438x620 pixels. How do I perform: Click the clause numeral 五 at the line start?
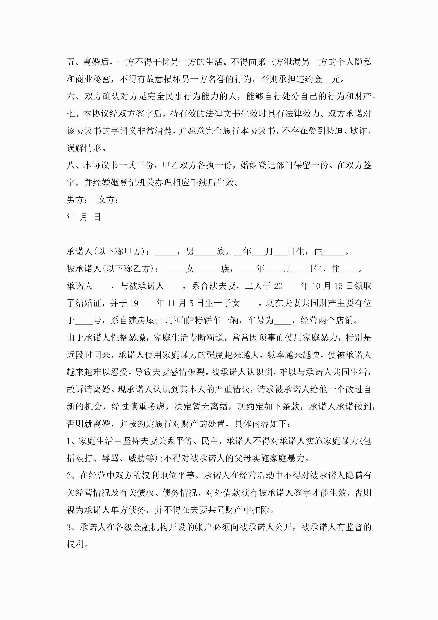point(71,62)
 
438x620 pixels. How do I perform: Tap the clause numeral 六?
point(71,96)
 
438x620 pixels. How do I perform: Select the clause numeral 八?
point(71,165)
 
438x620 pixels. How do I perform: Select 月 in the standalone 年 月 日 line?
point(84,217)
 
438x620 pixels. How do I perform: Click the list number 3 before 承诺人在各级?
point(69,527)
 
